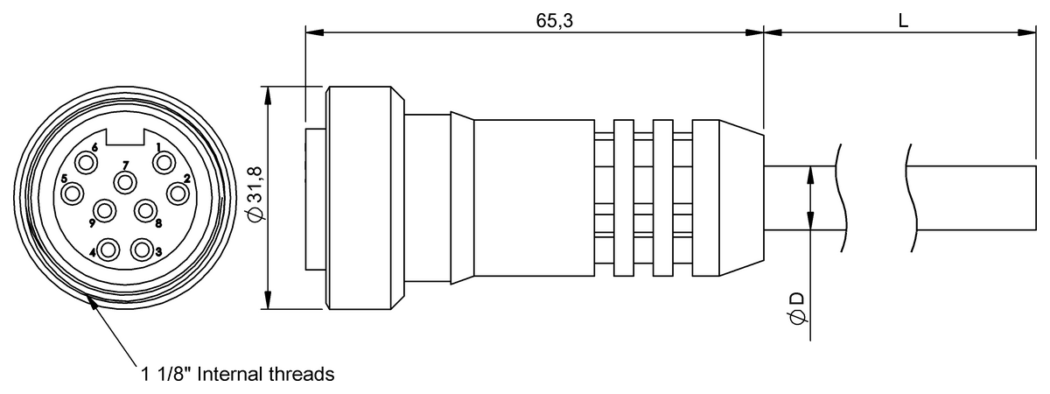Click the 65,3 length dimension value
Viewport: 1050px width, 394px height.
[x=555, y=21]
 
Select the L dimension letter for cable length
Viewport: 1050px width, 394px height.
[x=903, y=21]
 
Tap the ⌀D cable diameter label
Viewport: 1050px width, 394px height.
[x=798, y=307]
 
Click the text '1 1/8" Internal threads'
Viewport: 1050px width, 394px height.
[x=238, y=374]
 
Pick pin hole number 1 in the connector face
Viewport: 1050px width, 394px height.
[x=164, y=164]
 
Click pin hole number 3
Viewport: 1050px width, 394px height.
[x=142, y=250]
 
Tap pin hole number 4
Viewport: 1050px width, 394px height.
[x=108, y=250]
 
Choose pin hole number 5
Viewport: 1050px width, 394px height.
[x=73, y=193]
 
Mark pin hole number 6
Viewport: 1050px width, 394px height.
[x=87, y=164]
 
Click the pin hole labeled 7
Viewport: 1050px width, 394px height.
[x=125, y=182]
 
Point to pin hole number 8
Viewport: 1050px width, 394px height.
[x=146, y=211]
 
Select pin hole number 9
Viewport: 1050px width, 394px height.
[x=104, y=211]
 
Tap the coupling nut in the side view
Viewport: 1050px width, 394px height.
[x=365, y=198]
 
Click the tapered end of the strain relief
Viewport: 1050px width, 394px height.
[x=742, y=198]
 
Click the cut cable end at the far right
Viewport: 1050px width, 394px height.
[x=1036, y=198]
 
